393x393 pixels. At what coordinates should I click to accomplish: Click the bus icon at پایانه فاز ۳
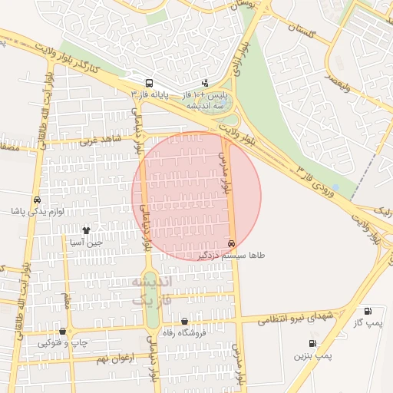pos(148,83)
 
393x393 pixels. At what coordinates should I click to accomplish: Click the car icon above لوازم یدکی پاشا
pos(37,200)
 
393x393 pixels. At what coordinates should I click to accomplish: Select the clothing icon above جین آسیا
pos(86,230)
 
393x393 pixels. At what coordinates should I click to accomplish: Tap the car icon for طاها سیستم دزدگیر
pos(232,243)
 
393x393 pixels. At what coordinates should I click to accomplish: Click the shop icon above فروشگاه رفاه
pos(184,322)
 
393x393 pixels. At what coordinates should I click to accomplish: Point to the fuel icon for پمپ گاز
pos(367,312)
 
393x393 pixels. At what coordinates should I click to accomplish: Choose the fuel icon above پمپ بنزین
pos(312,344)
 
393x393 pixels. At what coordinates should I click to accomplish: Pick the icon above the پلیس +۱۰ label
pos(205,83)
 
